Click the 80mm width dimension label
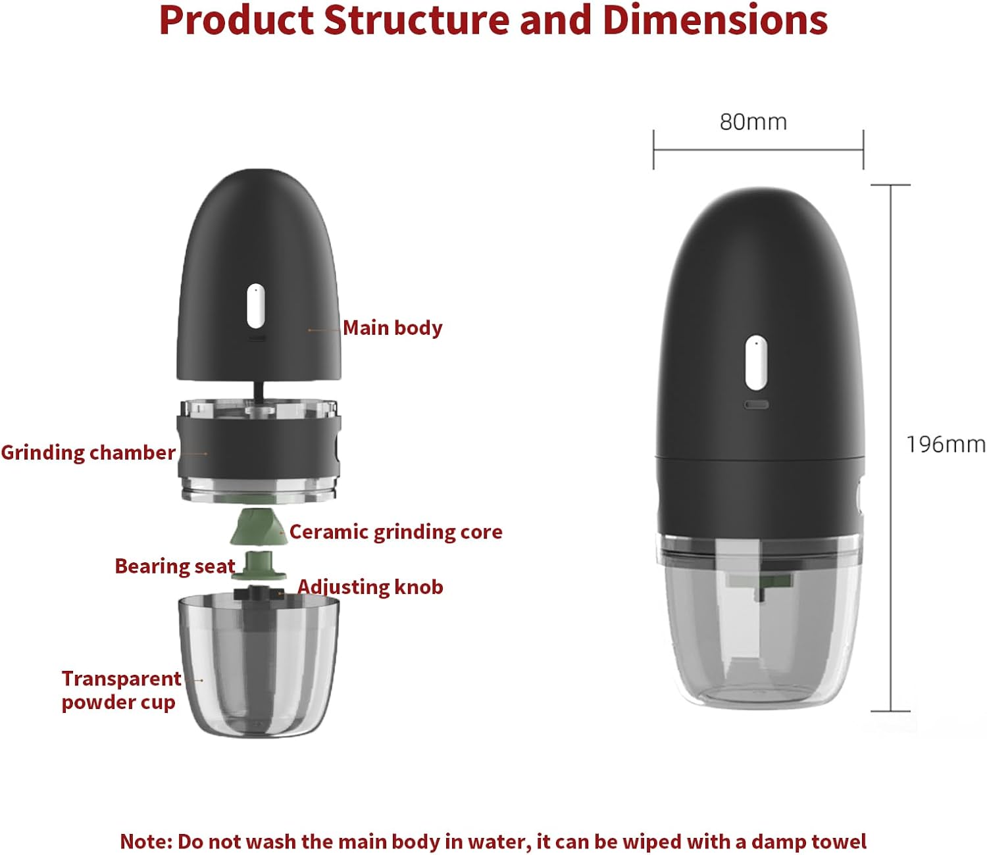(x=753, y=122)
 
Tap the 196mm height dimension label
(x=946, y=445)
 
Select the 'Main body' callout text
(x=393, y=328)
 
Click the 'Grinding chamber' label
(x=88, y=452)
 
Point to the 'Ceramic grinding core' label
(x=395, y=531)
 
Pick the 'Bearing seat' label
(x=174, y=566)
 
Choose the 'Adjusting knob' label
(x=370, y=587)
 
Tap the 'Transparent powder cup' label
(x=120, y=690)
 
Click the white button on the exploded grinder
(x=256, y=306)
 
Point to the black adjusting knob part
(x=259, y=593)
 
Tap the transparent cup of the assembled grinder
(x=760, y=645)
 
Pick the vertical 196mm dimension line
(x=891, y=447)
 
